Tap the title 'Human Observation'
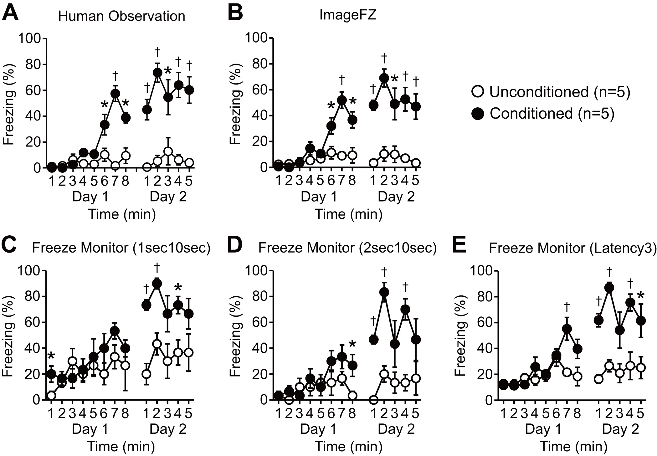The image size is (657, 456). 121,16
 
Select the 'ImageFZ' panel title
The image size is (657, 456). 347,15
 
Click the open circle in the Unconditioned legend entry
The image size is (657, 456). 477,92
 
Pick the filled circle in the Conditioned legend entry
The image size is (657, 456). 477,114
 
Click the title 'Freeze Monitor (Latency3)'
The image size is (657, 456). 572,248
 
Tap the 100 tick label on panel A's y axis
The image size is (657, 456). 30,39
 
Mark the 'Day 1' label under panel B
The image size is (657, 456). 319,197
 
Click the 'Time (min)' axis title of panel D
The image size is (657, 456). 348,447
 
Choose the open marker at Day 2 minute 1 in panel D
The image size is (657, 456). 373,400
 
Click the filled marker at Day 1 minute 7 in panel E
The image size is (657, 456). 567,329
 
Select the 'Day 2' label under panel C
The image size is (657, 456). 168,429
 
